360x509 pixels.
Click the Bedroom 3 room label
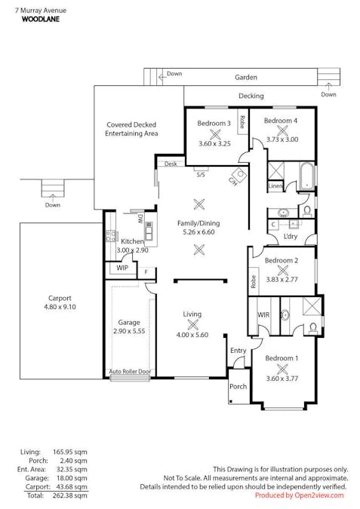(214, 123)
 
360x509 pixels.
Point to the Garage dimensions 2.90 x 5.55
(128, 331)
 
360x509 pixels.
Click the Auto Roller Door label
(130, 371)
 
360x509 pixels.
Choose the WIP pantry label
(122, 268)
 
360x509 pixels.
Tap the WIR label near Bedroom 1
(263, 314)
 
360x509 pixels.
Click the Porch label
(238, 387)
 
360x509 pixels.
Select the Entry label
(238, 350)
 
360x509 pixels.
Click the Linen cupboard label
(275, 186)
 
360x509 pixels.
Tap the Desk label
(170, 164)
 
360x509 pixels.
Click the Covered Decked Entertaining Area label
(131, 129)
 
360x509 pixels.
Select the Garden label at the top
(245, 77)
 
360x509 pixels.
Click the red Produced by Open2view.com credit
(299, 495)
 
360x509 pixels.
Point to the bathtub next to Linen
(306, 176)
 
